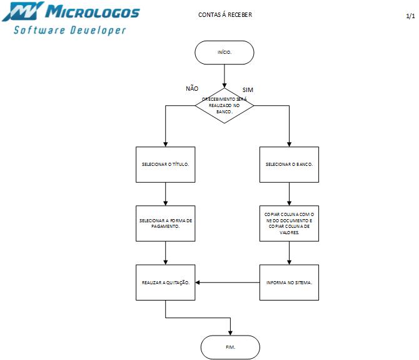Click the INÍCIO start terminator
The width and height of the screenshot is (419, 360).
tap(225, 53)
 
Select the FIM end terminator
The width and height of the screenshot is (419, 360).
tap(230, 347)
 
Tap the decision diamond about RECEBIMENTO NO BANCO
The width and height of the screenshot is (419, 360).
tap(225, 105)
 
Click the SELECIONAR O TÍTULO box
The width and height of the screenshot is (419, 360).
tap(165, 164)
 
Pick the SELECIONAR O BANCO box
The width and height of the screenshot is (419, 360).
tap(289, 164)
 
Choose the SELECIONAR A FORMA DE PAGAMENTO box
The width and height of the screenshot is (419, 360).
tap(165, 223)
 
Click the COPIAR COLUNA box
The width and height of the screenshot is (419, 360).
tap(289, 223)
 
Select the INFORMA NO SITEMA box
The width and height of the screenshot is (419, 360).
tap(289, 282)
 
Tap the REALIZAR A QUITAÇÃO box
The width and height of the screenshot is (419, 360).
tap(165, 282)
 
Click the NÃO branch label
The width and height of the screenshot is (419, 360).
tap(192, 88)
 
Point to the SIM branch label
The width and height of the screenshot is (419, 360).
tap(248, 91)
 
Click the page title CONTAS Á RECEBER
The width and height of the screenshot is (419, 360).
tap(225, 15)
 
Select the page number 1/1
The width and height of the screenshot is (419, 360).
tap(410, 17)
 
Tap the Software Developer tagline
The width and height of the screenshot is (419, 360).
tap(70, 29)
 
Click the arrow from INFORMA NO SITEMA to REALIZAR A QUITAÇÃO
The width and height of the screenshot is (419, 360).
tap(228, 282)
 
